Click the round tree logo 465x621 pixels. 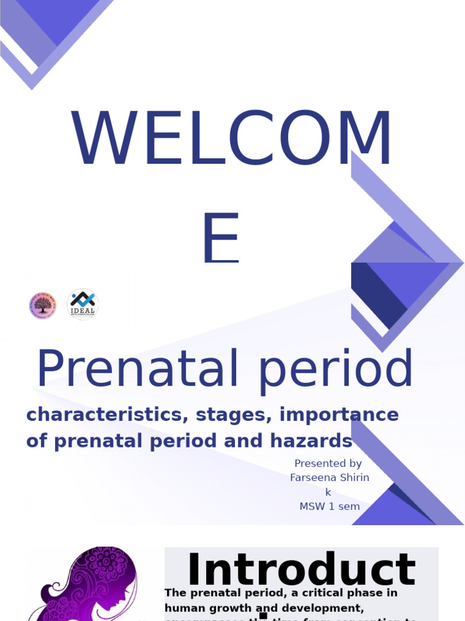pos(42,306)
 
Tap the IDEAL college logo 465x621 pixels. pos(82,304)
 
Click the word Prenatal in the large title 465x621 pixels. pos(139,370)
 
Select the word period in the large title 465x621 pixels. pos(336,370)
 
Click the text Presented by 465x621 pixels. pos(328,463)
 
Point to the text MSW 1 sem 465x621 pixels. pos(329,506)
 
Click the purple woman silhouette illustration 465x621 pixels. pos(91,585)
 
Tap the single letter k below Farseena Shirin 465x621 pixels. pos(328,492)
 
